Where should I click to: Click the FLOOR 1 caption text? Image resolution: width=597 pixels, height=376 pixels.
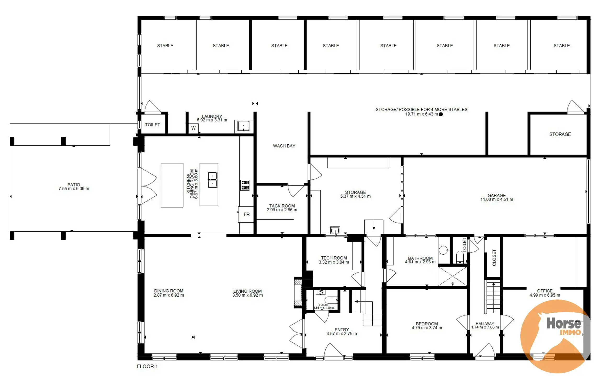(x=147, y=366)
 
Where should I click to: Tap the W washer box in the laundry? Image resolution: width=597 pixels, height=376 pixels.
(x=194, y=128)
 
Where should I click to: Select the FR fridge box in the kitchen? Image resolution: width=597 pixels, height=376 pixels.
(x=246, y=214)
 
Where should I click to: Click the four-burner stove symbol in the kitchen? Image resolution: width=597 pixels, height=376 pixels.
(x=245, y=185)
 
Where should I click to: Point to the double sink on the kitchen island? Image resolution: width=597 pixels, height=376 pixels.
(x=213, y=180)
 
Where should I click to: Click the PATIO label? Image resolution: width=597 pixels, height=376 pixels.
(x=74, y=185)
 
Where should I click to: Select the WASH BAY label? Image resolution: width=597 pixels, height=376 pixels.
(x=284, y=146)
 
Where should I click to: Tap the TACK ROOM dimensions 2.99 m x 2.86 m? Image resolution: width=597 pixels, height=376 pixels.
(x=282, y=210)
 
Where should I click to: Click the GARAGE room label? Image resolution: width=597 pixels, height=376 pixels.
(x=497, y=195)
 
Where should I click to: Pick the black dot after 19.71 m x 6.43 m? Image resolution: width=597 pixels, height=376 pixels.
(x=441, y=114)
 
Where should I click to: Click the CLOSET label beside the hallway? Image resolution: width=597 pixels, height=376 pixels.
(x=494, y=257)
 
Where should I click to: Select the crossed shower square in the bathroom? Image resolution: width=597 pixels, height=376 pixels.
(x=453, y=276)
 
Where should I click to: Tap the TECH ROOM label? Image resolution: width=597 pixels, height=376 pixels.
(x=334, y=258)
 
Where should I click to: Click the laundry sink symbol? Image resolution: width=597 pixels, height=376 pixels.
(x=243, y=126)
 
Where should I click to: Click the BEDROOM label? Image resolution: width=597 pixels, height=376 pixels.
(x=427, y=324)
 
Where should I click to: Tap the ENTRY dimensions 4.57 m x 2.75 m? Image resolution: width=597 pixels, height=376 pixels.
(x=342, y=334)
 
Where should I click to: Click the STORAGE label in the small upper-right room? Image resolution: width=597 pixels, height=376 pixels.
(x=560, y=134)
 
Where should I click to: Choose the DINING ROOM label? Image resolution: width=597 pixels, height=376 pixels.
(x=169, y=291)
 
